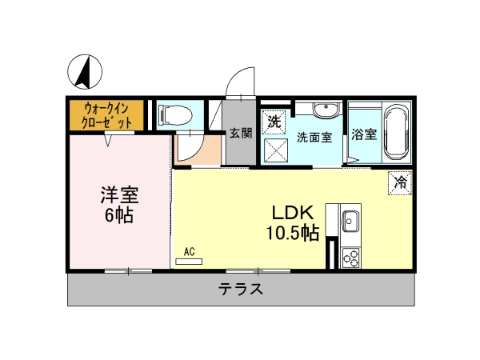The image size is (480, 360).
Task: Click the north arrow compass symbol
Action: point(85,72)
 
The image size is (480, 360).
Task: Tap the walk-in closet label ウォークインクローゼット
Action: point(106,116)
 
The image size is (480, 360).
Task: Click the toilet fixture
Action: point(174,116)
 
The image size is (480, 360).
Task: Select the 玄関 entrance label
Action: point(241,133)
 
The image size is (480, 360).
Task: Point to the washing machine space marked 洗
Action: point(274,122)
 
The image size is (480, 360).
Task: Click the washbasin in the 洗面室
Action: point(326,110)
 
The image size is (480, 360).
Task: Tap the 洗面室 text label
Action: point(314,138)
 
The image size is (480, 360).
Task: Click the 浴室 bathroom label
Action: point(364,134)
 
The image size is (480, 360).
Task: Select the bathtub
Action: point(397,133)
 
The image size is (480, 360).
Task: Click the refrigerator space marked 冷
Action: point(400,182)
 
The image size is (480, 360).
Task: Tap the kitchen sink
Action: point(350,221)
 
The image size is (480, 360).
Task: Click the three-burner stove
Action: point(351,258)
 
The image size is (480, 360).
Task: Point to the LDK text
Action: point(294,213)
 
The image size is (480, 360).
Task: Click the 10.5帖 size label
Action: point(293,233)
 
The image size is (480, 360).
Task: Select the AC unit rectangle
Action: point(189,262)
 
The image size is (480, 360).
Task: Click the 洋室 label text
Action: point(120,195)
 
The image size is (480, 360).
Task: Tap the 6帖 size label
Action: point(119,215)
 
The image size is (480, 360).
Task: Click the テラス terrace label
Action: point(241,289)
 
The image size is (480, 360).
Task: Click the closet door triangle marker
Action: point(108,140)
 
